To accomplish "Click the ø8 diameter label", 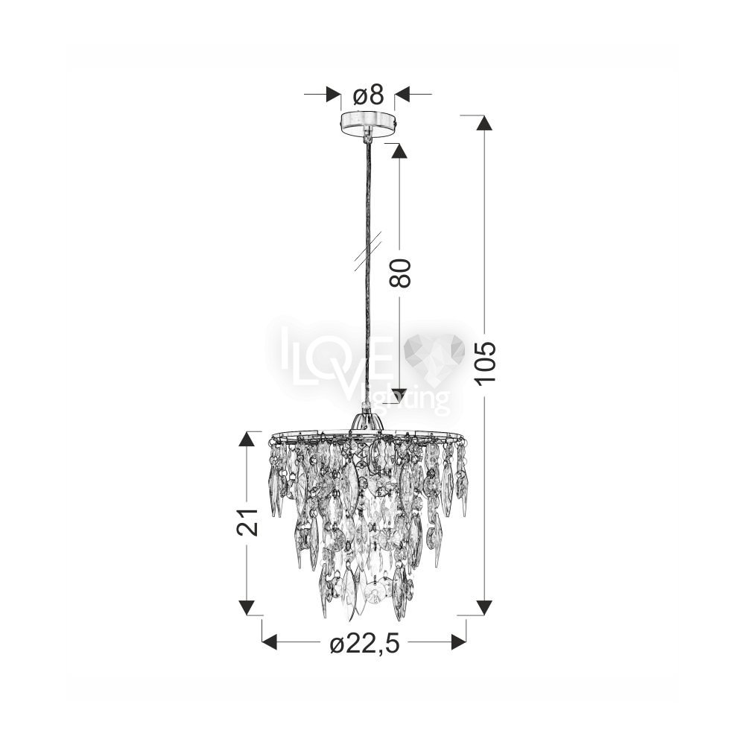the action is click(x=368, y=95).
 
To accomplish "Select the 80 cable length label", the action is click(x=399, y=273).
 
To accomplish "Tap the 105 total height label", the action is click(x=486, y=362).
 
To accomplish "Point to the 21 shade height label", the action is click(x=247, y=522).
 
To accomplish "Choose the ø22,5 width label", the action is click(x=365, y=644).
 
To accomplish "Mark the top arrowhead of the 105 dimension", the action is click(x=484, y=123).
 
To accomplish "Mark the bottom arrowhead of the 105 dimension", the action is click(x=484, y=607).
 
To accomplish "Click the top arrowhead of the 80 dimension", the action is click(x=399, y=151).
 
